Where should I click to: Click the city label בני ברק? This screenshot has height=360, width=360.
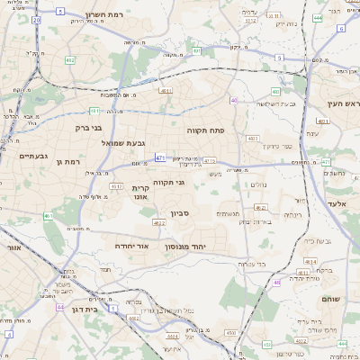click(90, 127)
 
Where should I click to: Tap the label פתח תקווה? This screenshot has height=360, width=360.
click(205, 130)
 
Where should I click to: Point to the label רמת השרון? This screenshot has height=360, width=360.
click(91, 15)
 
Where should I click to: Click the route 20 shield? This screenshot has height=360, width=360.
click(36, 19)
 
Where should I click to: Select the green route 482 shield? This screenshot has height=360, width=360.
click(70, 60)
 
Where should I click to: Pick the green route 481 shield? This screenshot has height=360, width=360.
click(94, 111)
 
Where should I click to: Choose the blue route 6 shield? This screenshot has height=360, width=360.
click(280, 58)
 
